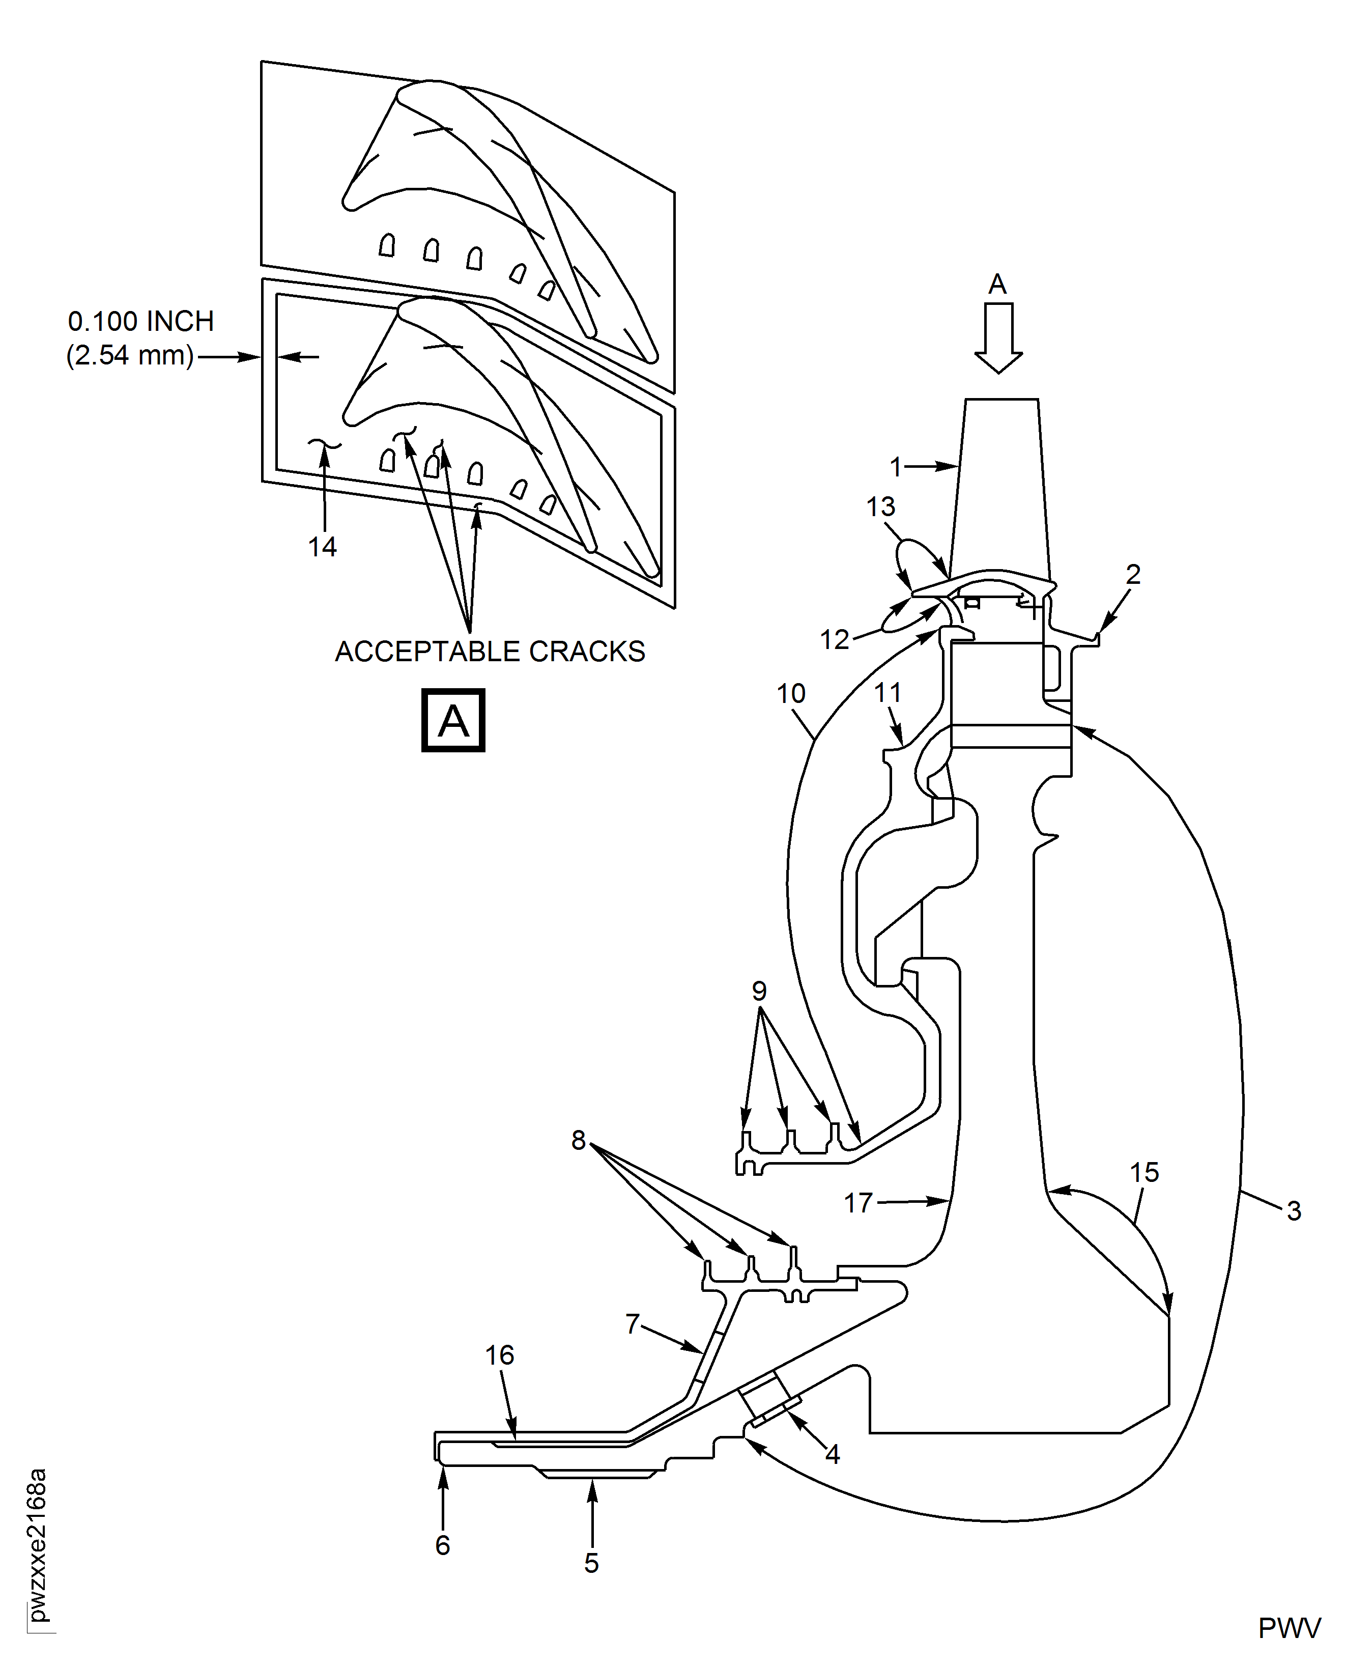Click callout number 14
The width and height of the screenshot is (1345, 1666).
pyautogui.click(x=322, y=547)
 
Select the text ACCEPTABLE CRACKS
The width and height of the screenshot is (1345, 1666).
pyautogui.click(x=490, y=652)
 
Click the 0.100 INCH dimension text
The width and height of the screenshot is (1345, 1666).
pyautogui.click(x=141, y=321)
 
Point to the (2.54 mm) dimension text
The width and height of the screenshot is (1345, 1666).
pyautogui.click(x=130, y=356)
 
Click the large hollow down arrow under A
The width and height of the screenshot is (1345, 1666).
pyautogui.click(x=998, y=338)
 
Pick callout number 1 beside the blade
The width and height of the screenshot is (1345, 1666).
pyautogui.click(x=896, y=467)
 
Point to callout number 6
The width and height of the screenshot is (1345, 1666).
pyautogui.click(x=442, y=1545)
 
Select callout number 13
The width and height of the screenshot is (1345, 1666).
pyautogui.click(x=881, y=507)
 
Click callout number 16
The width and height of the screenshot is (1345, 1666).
pyautogui.click(x=500, y=1356)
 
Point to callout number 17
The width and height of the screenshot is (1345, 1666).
pyautogui.click(x=858, y=1203)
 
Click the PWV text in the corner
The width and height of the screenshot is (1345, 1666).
pyautogui.click(x=1289, y=1629)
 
